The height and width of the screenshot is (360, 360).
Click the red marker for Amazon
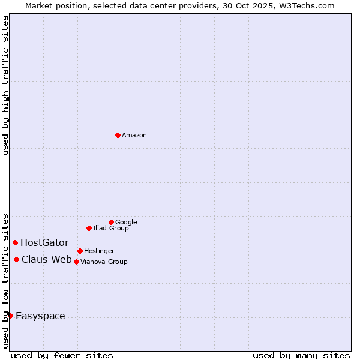tap(118, 135)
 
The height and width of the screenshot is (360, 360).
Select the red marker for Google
tap(111, 222)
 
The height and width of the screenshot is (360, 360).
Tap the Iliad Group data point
tap(89, 228)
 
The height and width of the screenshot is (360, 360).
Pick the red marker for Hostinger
tap(80, 251)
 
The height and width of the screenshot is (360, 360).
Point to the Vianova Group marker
tap(76, 262)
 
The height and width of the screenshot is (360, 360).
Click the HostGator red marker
tap(15, 242)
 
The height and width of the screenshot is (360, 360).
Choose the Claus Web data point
tap(16, 259)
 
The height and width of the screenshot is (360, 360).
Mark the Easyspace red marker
tap(10, 316)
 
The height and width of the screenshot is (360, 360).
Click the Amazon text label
tap(134, 136)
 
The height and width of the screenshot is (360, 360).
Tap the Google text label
tap(126, 223)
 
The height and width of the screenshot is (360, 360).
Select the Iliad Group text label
tap(111, 229)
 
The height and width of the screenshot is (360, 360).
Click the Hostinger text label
tap(99, 251)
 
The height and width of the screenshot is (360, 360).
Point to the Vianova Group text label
tap(104, 262)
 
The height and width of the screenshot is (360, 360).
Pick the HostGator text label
tap(44, 243)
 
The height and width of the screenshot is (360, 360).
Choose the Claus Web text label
tap(47, 260)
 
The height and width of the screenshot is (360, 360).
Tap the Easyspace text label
tap(40, 316)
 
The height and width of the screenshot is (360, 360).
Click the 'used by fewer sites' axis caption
tap(62, 355)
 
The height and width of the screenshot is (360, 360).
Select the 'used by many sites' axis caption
tap(301, 355)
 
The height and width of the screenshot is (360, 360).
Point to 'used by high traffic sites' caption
tap(5, 85)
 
